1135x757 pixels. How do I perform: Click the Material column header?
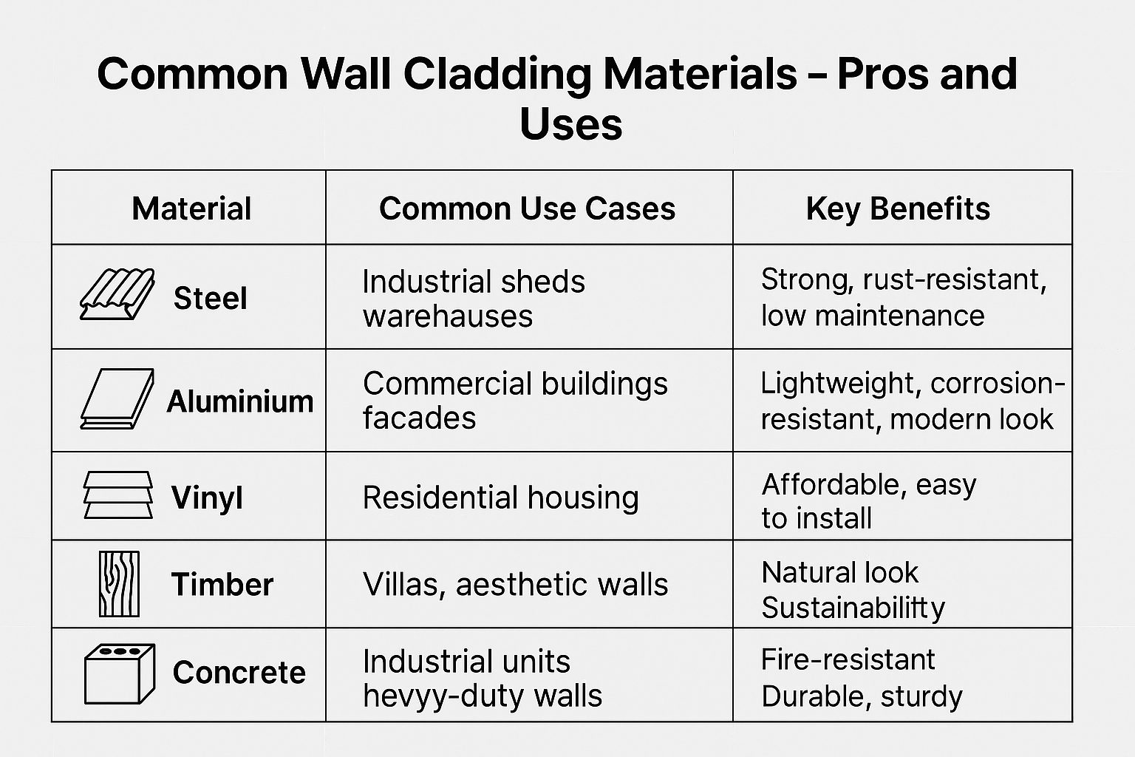pyautogui.click(x=191, y=208)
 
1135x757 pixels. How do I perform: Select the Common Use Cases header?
pyautogui.click(x=527, y=208)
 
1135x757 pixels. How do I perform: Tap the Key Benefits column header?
pyautogui.click(x=898, y=208)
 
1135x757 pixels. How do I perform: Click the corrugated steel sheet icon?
pyautogui.click(x=117, y=294)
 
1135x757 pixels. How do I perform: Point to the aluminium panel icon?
pyautogui.click(x=117, y=399)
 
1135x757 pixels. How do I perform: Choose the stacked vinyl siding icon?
pyautogui.click(x=118, y=495)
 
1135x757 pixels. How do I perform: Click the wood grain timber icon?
pyautogui.click(x=119, y=584)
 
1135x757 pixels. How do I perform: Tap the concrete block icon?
pyautogui.click(x=120, y=674)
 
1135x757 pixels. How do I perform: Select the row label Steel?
pyautogui.click(x=211, y=298)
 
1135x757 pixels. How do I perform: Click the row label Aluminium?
pyautogui.click(x=240, y=401)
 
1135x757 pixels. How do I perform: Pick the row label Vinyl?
pyautogui.click(x=207, y=498)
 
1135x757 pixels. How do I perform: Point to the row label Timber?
pyautogui.click(x=222, y=584)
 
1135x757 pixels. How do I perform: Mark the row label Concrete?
pyautogui.click(x=239, y=672)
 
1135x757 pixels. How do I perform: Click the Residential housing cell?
pyautogui.click(x=500, y=498)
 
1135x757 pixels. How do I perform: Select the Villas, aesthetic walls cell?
pyautogui.click(x=515, y=585)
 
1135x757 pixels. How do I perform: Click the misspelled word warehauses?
pyautogui.click(x=448, y=316)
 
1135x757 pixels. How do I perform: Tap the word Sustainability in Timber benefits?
pyautogui.click(x=853, y=608)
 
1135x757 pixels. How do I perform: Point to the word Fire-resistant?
pyautogui.click(x=848, y=659)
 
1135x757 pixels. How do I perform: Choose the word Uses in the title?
pyautogui.click(x=571, y=125)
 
